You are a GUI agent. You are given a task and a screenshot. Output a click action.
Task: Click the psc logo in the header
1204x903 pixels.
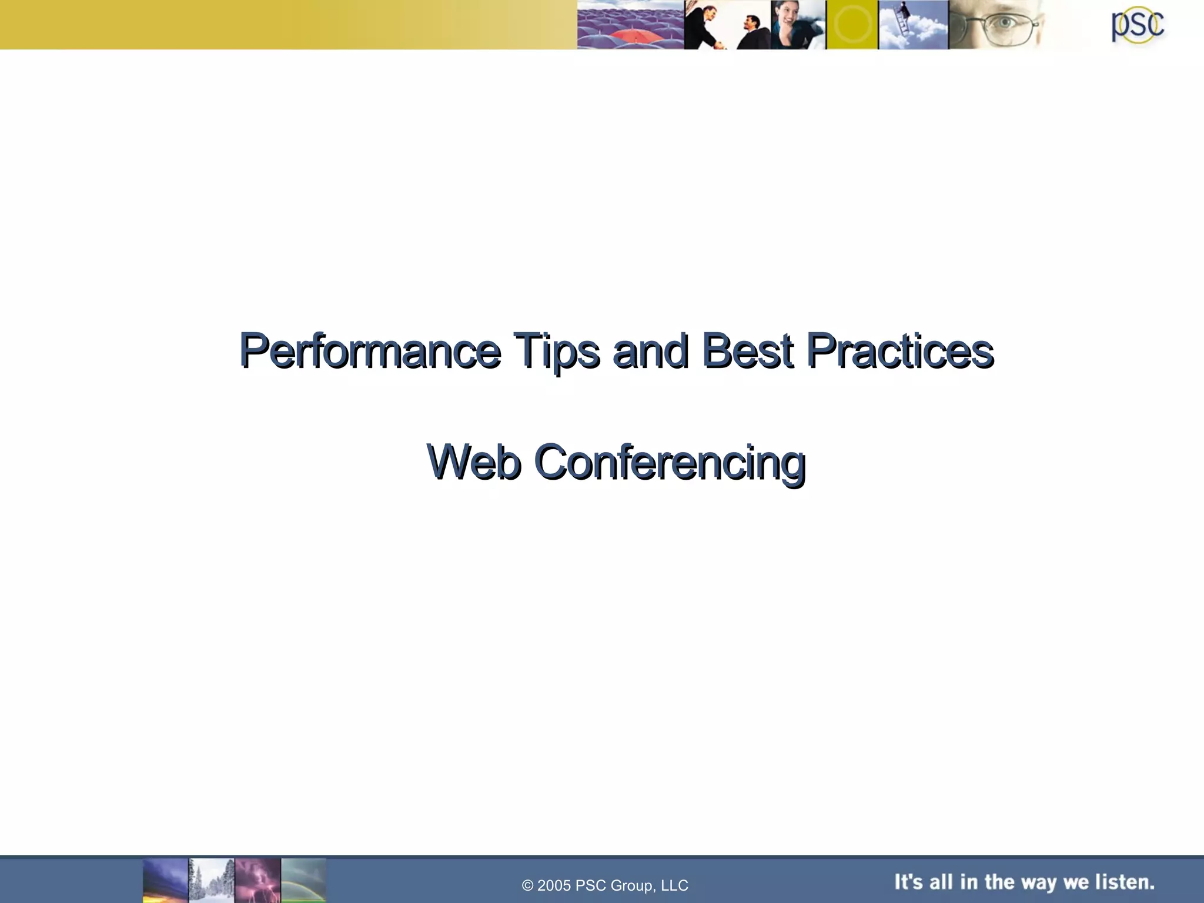[x=1137, y=25]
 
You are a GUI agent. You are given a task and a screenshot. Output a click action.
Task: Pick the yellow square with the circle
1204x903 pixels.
[x=852, y=25]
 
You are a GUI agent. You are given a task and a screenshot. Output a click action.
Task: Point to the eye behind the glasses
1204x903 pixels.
[x=1004, y=24]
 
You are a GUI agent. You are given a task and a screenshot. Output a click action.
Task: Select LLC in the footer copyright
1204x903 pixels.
[x=674, y=886]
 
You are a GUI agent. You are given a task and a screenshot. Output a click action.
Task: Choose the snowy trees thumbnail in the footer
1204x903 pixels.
[x=212, y=880]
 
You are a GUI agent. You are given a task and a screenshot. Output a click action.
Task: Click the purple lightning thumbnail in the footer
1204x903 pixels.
[x=258, y=880]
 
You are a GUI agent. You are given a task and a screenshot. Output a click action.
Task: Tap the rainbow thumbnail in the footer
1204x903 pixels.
[x=303, y=880]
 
